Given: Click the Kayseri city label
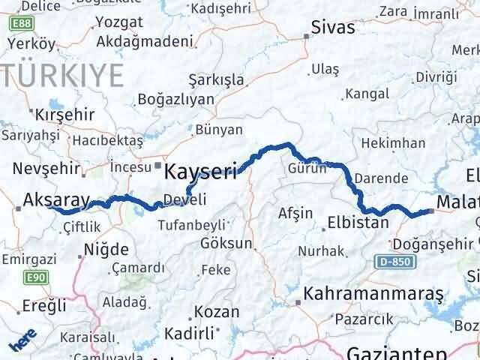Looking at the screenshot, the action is point(200,171).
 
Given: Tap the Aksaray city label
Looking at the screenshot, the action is point(56,199).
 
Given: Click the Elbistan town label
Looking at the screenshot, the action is point(357,223).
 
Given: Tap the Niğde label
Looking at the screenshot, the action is point(106,249).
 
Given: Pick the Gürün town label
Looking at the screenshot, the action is point(307,169).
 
